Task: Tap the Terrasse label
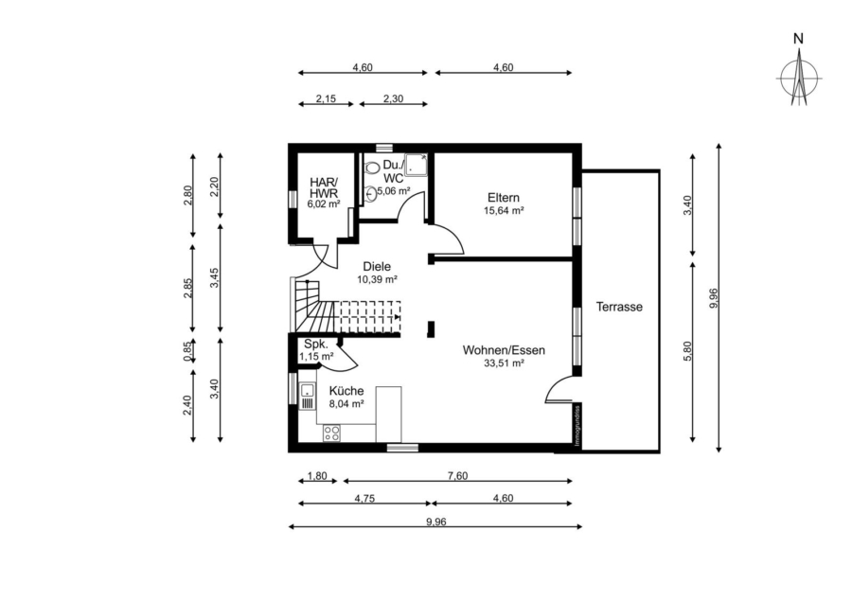[x=619, y=307]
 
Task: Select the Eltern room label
[x=504, y=198]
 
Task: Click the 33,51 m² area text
[x=504, y=363]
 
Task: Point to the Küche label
[x=346, y=391]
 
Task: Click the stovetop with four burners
[x=331, y=433]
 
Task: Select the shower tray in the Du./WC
[x=417, y=164]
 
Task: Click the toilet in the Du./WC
[x=372, y=168]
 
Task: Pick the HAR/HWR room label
[x=324, y=188]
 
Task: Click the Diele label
[x=377, y=267]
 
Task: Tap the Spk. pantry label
[x=315, y=344]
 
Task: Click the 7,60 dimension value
[x=457, y=476]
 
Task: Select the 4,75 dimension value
[x=364, y=499]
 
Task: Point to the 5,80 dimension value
[x=688, y=351]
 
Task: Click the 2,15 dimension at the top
[x=326, y=98]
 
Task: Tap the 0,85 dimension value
[x=188, y=351]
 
